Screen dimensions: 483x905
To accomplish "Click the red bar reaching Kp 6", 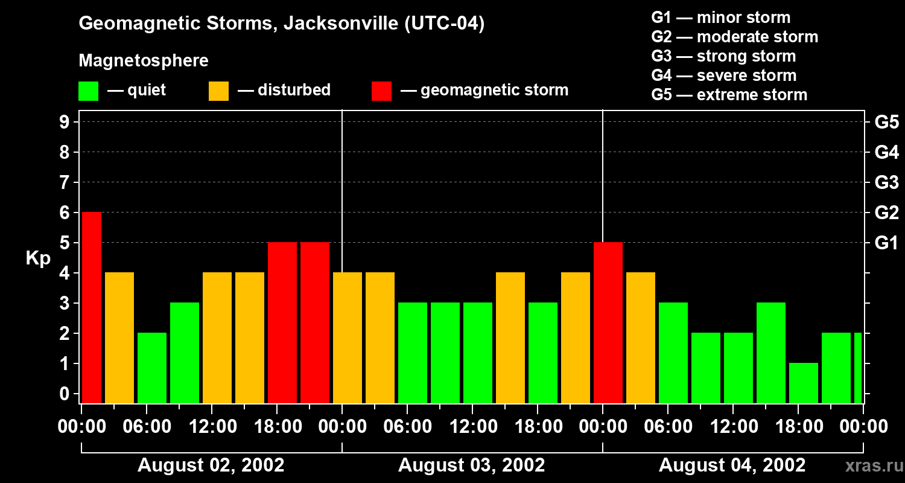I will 92,307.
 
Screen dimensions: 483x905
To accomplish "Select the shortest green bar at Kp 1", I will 803,383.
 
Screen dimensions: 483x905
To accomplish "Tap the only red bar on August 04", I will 608,322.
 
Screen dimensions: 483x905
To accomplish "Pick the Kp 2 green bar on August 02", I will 152,368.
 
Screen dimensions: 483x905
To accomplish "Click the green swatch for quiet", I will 88,91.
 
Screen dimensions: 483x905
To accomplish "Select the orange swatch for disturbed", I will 218,91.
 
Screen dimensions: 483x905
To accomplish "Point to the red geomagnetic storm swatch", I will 381,91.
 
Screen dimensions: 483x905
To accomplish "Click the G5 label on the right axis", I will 886,123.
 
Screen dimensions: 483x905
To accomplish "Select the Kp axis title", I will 38,258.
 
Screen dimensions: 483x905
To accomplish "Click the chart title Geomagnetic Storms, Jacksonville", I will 281,24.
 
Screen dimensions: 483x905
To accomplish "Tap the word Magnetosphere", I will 144,61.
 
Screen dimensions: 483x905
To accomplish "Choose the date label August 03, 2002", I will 471,465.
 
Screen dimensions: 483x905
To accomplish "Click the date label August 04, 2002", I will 732,465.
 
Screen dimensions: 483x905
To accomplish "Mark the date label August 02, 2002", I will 211,465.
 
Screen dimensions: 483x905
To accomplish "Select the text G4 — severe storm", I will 723,75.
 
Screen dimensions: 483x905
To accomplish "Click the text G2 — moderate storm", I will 734,37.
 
